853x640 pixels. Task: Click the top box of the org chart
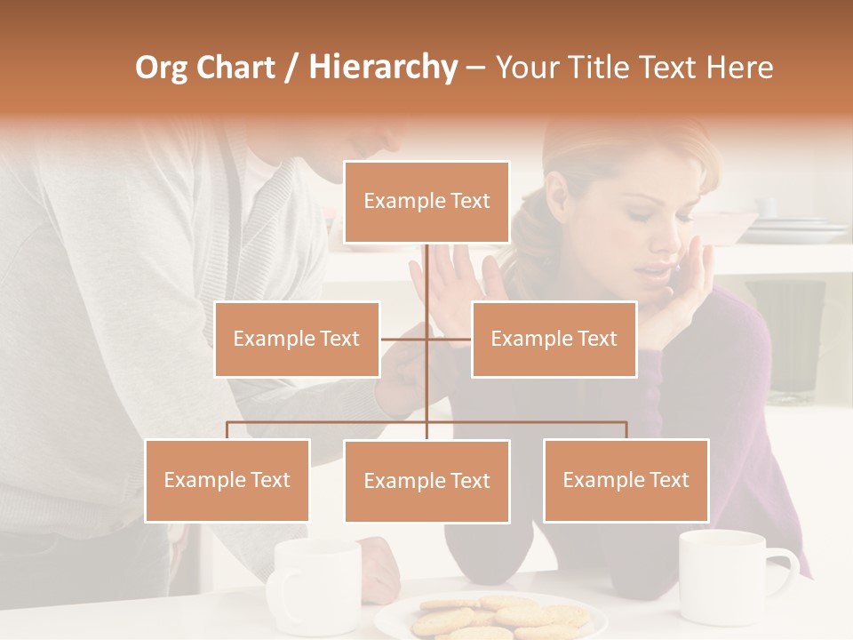coord(426,202)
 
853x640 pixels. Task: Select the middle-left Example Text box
coord(297,339)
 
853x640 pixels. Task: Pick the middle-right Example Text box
coord(554,339)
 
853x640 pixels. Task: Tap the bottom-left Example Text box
coord(227,480)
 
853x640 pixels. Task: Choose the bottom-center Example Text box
coord(426,481)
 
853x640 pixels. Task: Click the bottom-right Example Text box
coord(626,480)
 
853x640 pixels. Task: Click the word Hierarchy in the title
coord(383,67)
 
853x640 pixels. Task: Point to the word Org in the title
coord(162,67)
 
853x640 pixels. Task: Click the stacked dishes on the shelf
coord(795,229)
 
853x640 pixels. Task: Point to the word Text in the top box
coord(469,202)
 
